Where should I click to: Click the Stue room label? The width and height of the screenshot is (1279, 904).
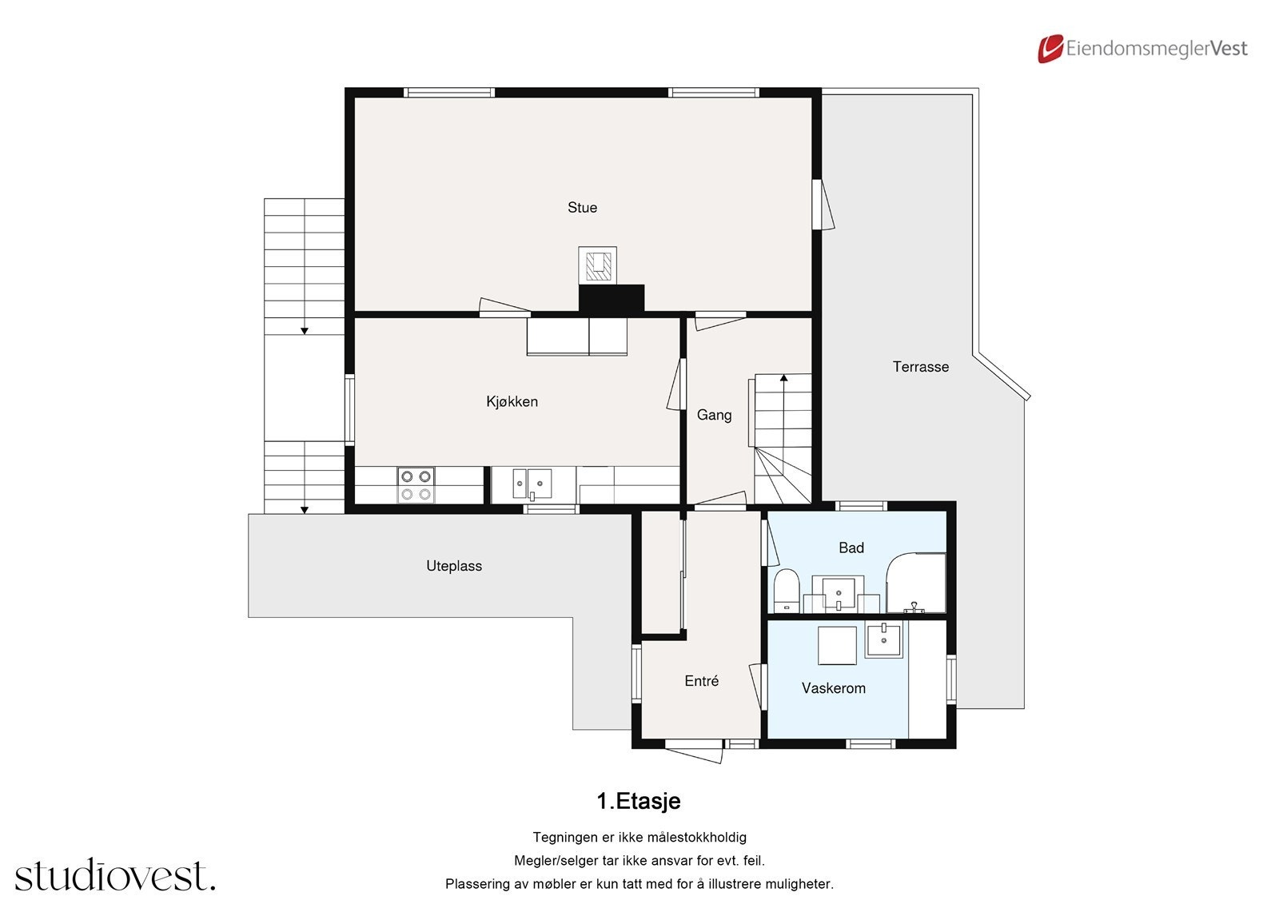582,208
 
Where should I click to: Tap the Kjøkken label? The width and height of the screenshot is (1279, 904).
512,401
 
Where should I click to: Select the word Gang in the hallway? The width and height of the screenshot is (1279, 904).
714,415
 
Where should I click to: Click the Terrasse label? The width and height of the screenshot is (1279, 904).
920,367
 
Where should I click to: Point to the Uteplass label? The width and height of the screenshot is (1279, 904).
454,566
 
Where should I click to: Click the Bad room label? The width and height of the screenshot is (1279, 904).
851,548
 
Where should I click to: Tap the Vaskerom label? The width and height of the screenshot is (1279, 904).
833,688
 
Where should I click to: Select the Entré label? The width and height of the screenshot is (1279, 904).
701,681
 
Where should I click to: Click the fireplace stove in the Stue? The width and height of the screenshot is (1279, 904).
597,265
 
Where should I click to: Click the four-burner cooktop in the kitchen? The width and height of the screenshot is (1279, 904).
416,485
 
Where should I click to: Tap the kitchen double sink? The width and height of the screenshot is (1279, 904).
532,484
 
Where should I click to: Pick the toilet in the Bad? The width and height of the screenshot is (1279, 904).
787,591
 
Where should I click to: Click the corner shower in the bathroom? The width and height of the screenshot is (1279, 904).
916,582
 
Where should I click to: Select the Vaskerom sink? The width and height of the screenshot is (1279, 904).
884,641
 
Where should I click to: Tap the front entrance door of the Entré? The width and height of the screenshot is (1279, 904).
695,751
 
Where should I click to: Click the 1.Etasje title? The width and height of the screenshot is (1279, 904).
639,801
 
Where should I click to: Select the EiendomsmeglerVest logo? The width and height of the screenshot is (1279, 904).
1142,49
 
